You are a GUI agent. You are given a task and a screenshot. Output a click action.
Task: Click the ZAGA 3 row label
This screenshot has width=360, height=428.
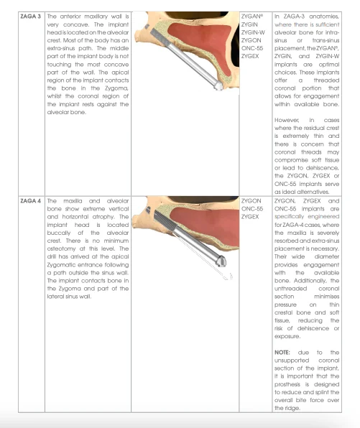pyautogui.click(x=30, y=17)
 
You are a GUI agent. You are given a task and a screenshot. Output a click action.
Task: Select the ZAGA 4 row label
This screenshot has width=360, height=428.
pyautogui.click(x=30, y=201)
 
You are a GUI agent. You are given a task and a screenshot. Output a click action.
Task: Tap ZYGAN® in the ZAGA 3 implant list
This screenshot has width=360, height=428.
pyautogui.click(x=251, y=17)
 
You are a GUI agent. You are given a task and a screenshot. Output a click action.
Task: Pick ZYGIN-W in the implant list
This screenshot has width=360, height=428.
pyautogui.click(x=253, y=32)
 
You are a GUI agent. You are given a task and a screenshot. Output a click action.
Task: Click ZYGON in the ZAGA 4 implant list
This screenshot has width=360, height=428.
pyautogui.click(x=251, y=201)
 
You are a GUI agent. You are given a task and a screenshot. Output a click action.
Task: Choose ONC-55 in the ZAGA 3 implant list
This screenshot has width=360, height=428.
pyautogui.click(x=252, y=48)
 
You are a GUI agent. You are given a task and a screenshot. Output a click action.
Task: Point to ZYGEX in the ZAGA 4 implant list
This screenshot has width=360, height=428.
pyautogui.click(x=250, y=217)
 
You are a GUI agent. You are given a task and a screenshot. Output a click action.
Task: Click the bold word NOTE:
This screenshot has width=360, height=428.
pyautogui.click(x=282, y=353)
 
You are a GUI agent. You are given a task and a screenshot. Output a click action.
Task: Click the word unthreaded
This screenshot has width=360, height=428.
pyautogui.click(x=290, y=289)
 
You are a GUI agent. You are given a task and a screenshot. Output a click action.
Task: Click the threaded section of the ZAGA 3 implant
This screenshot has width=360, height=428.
pyautogui.click(x=160, y=37)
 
